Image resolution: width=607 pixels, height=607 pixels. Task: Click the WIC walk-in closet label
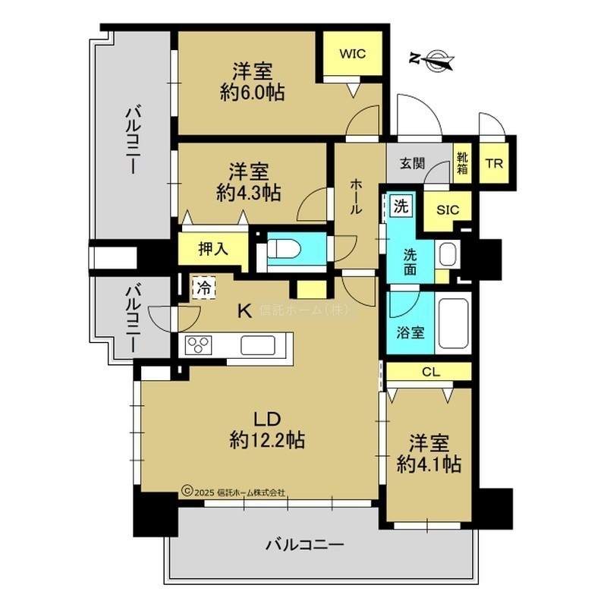click(x=352, y=53)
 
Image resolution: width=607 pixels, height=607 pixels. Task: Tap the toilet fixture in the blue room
click(x=284, y=249)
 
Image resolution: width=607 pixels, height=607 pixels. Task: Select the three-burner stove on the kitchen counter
click(x=199, y=344)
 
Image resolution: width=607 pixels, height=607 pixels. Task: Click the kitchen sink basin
click(x=258, y=345)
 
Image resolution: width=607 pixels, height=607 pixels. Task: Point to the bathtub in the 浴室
click(x=452, y=323)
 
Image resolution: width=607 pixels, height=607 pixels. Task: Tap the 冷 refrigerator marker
click(x=204, y=288)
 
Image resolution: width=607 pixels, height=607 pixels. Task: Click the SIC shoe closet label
click(x=448, y=210)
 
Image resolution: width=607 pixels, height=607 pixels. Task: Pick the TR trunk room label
click(x=494, y=164)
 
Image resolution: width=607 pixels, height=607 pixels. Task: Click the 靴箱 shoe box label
click(x=462, y=163)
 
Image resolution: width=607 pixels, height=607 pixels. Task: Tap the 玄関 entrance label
click(x=412, y=164)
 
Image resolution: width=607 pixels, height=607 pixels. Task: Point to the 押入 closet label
click(x=213, y=249)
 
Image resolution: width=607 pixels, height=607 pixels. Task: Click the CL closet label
click(x=431, y=372)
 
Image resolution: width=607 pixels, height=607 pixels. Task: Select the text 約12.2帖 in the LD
click(x=267, y=440)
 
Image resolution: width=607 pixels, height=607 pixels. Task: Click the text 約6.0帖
click(x=253, y=93)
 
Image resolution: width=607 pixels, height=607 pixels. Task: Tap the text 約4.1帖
click(x=429, y=464)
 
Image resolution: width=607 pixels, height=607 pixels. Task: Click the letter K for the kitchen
click(x=244, y=310)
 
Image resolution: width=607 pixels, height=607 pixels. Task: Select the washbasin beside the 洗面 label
click(x=448, y=254)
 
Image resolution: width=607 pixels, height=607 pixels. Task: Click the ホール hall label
click(x=356, y=197)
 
